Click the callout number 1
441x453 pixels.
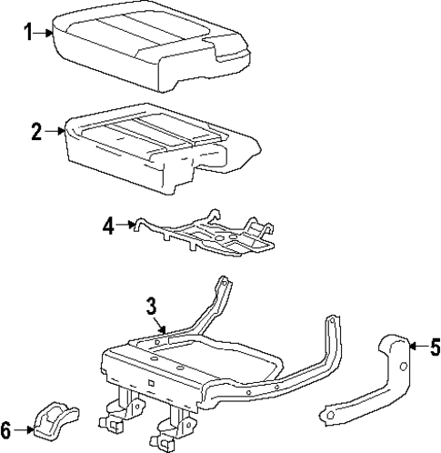[27, 34]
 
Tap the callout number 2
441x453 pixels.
[35, 132]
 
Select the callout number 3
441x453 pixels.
[152, 306]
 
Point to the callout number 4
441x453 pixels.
[108, 225]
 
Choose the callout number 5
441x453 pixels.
[434, 346]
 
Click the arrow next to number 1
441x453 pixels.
[46, 35]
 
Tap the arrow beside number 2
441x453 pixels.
[55, 133]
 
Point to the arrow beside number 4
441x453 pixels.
[128, 224]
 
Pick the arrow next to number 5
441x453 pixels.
[416, 346]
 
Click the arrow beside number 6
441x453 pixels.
[27, 429]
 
